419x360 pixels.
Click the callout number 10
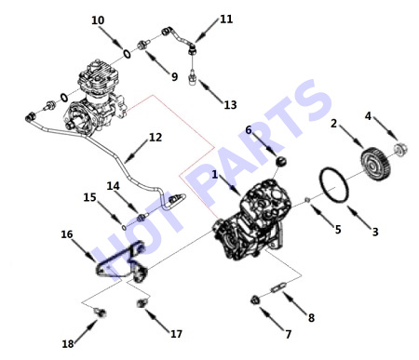coord(98,20)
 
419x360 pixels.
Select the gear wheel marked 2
coord(375,164)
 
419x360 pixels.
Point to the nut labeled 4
coord(400,150)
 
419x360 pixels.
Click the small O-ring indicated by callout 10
coord(127,53)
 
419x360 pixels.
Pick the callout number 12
coord(155,138)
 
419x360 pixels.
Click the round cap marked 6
coord(281,162)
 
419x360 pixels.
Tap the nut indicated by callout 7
coord(255,300)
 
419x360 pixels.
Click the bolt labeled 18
coord(101,313)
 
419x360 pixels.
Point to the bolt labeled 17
coord(142,302)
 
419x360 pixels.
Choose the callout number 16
coord(67,234)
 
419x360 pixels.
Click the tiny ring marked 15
coord(124,228)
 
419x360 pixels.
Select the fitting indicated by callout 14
coord(142,217)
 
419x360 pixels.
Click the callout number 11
coord(226,20)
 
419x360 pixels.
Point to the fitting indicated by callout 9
coord(143,46)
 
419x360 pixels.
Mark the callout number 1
coord(215,175)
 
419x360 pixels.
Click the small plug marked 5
coord(306,200)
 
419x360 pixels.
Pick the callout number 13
coord(230,105)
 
